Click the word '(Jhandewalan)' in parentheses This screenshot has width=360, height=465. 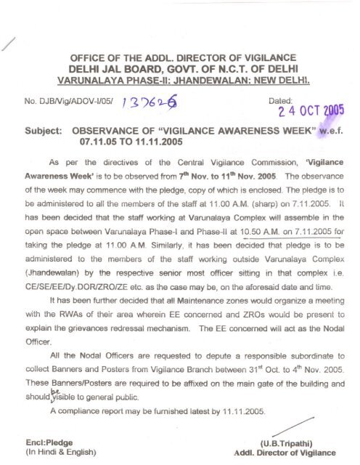51,284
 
